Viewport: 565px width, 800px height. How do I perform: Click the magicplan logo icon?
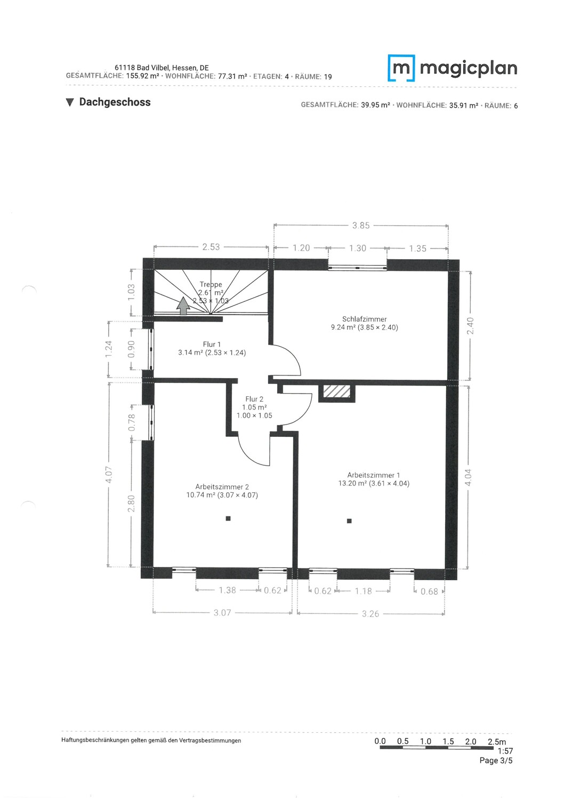point(401,68)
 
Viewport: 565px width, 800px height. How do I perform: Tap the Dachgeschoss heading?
point(115,102)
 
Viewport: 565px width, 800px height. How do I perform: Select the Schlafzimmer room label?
point(364,319)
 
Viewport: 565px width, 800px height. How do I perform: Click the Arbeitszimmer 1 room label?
point(373,475)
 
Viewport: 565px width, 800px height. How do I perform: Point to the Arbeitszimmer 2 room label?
point(222,486)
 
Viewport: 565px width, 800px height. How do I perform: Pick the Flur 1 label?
point(212,345)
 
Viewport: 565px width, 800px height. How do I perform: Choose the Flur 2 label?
point(254,399)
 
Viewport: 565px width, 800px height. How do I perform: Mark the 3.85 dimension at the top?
point(361,226)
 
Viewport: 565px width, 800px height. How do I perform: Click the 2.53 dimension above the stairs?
point(211,247)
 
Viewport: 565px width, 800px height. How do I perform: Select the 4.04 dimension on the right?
point(469,477)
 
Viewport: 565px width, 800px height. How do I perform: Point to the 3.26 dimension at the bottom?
point(370,613)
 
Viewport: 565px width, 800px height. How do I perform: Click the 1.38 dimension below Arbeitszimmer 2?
point(228,590)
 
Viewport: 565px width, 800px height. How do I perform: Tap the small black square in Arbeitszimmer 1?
point(349,521)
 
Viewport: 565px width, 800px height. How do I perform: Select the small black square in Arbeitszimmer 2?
point(228,518)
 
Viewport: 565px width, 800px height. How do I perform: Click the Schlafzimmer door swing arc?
point(294,355)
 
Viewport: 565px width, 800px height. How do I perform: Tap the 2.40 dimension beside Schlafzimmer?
point(471,326)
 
